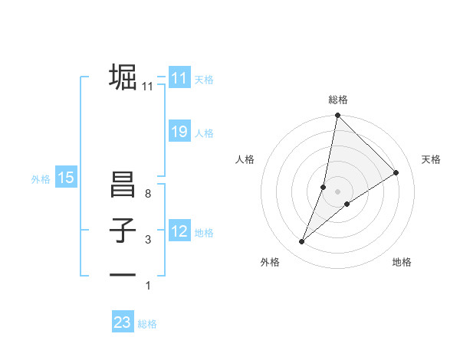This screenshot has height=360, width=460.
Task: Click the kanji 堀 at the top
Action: pyautogui.click(x=123, y=77)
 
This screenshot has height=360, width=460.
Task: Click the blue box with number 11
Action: pyautogui.click(x=179, y=78)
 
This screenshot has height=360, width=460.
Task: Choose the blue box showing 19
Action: pyautogui.click(x=179, y=133)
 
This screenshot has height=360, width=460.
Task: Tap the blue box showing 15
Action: pyautogui.click(x=66, y=178)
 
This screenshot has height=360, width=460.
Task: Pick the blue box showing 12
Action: pyautogui.click(x=179, y=231)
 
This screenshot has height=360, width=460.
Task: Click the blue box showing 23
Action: pyautogui.click(x=123, y=322)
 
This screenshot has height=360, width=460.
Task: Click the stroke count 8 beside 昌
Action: pyautogui.click(x=147, y=195)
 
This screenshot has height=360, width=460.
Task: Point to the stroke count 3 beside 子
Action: pyautogui.click(x=147, y=240)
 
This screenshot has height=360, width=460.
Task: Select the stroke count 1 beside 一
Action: pyautogui.click(x=147, y=286)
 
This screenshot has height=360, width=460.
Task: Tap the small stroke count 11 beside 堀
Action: pyautogui.click(x=147, y=87)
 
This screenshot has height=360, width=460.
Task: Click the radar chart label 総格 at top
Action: pyautogui.click(x=337, y=100)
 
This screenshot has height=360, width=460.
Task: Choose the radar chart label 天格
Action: pyautogui.click(x=431, y=159)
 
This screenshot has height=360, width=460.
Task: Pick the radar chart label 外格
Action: pyautogui.click(x=270, y=263)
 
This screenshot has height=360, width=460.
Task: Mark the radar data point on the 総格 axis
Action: pyautogui.click(x=337, y=116)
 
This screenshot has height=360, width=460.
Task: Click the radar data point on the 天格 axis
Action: pyautogui.click(x=396, y=172)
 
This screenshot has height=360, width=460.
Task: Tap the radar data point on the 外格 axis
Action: pyautogui.click(x=302, y=242)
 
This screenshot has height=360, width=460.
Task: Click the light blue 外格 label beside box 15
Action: pyautogui.click(x=41, y=179)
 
